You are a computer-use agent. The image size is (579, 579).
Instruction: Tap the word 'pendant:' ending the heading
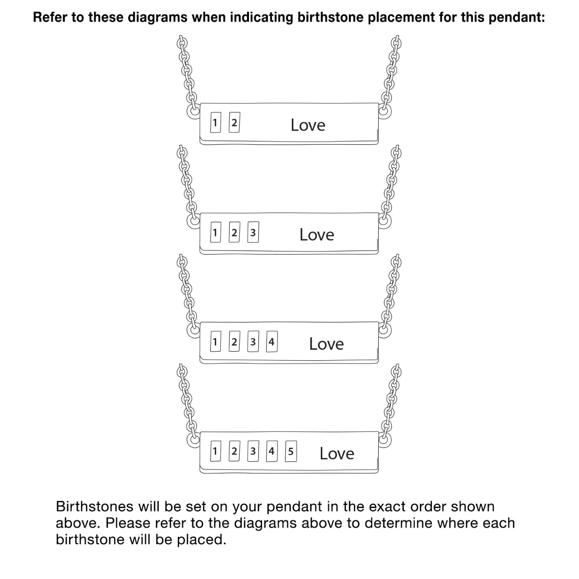click(x=516, y=17)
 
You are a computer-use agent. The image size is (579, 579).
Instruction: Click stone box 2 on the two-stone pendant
click(x=234, y=122)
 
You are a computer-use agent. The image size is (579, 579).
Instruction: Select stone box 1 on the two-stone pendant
click(x=215, y=122)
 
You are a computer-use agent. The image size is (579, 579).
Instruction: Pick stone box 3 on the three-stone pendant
click(x=253, y=232)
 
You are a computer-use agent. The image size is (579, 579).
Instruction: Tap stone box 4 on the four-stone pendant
click(x=272, y=341)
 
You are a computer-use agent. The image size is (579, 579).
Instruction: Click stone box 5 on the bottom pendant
click(x=291, y=451)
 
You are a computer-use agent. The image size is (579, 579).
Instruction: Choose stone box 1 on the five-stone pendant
click(x=215, y=451)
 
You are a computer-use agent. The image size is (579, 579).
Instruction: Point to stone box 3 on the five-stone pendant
click(x=253, y=451)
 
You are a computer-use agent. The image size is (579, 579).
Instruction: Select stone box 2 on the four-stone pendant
click(x=234, y=341)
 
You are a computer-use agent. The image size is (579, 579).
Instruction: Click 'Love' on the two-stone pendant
click(x=308, y=125)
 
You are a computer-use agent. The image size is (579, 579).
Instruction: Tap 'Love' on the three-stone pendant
click(x=317, y=234)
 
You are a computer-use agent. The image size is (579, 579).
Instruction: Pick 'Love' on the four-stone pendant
click(x=326, y=344)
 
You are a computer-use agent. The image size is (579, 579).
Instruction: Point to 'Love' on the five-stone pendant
click(x=337, y=454)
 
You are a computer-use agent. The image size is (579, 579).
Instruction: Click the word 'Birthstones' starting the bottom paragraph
click(x=95, y=507)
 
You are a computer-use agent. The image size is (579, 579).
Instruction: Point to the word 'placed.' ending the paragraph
click(x=201, y=539)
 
